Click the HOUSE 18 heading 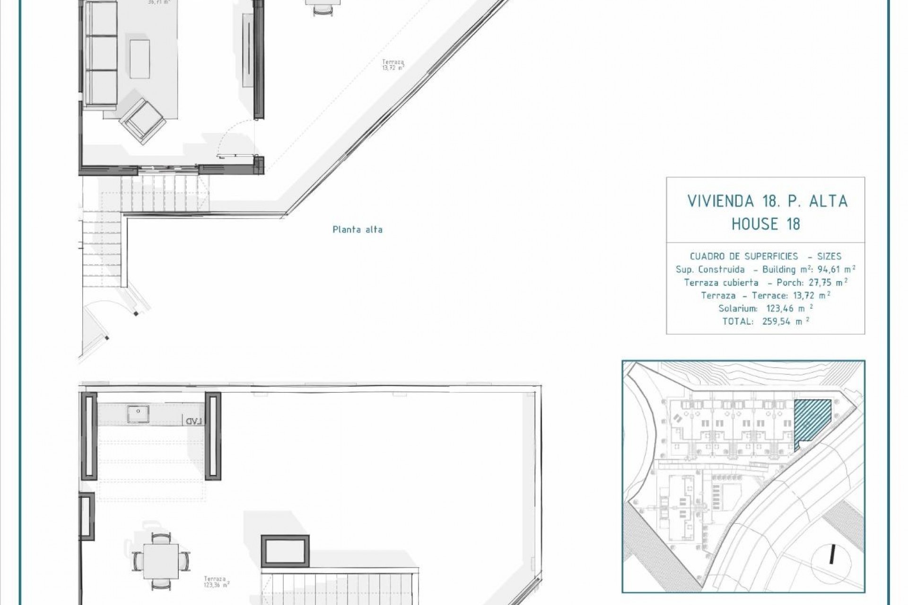(766, 224)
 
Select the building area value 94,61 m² (837, 269)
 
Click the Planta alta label (358, 230)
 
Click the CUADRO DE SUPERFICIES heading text (744, 257)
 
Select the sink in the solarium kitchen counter (138, 415)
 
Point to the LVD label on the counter (194, 421)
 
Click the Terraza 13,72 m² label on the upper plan (393, 64)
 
